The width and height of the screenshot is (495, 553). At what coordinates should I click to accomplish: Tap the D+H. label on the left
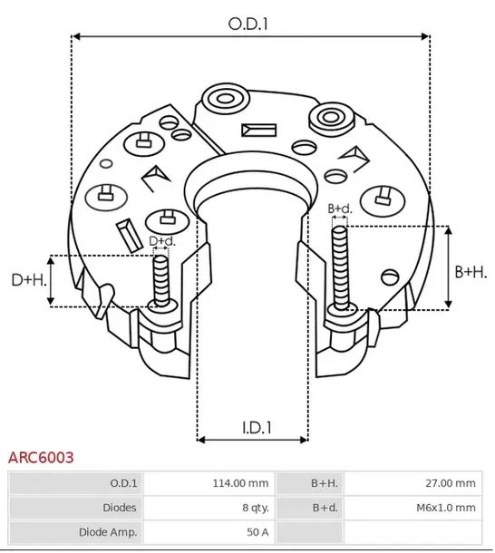click(x=28, y=280)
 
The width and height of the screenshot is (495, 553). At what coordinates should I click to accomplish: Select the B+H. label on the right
click(x=471, y=271)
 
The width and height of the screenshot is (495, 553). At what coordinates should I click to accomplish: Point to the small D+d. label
click(x=161, y=240)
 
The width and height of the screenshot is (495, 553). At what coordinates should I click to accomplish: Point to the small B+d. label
click(x=339, y=209)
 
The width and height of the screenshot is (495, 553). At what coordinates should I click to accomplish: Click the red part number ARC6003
click(x=41, y=459)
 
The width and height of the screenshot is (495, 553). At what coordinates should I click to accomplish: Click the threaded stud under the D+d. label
click(x=161, y=281)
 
